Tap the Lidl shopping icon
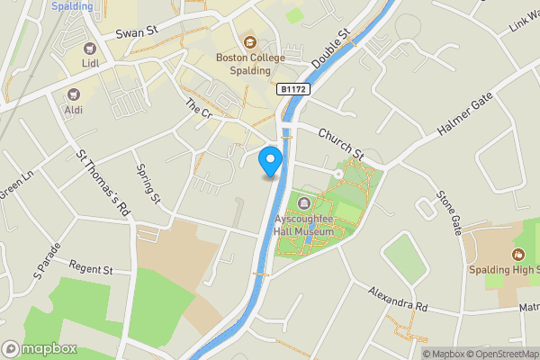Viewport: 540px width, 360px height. pyautogui.click(x=89, y=49)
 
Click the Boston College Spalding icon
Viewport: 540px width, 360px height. pyautogui.click(x=249, y=41)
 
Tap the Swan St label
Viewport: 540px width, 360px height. pyautogui.click(x=137, y=32)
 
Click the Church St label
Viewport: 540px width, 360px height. pyautogui.click(x=340, y=145)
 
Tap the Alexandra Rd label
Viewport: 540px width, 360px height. pyautogui.click(x=398, y=299)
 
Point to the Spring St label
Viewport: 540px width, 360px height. pyautogui.click(x=147, y=184)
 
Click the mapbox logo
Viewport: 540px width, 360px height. pyautogui.click(x=40, y=348)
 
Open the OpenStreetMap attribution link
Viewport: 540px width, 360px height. pyautogui.click(x=503, y=354)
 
